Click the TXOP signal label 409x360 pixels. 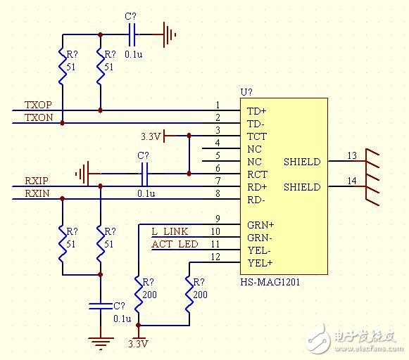click(38, 105)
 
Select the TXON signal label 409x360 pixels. click(38, 117)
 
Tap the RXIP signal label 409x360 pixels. click(37, 181)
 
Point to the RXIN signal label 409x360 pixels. click(37, 193)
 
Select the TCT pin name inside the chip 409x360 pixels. click(256, 136)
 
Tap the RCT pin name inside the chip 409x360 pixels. click(257, 174)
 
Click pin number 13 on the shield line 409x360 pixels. click(352, 155)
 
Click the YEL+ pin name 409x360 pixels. click(259, 263)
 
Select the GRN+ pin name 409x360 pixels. click(260, 225)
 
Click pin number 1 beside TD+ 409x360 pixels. click(218, 105)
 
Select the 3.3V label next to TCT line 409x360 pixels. click(151, 136)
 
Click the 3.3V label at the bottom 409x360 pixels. click(138, 345)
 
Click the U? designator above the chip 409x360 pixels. click(246, 92)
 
